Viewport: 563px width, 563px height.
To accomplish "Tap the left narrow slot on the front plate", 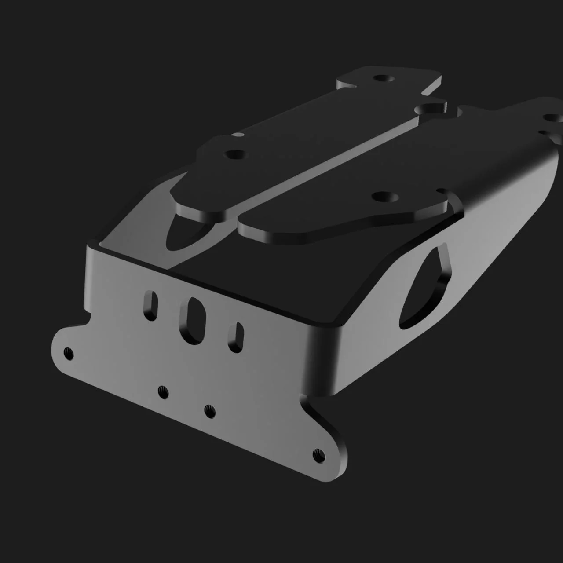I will click(x=150, y=305).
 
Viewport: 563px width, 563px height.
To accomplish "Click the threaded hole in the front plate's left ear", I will click(x=68, y=353).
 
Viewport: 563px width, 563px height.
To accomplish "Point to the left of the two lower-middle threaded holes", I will click(x=163, y=391).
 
